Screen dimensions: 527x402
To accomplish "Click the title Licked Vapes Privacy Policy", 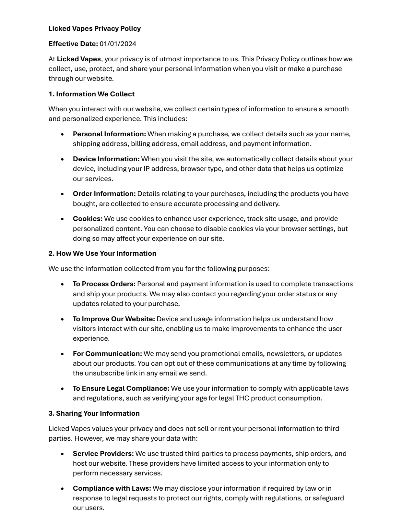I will (94, 29).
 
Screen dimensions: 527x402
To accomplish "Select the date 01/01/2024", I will (118, 44).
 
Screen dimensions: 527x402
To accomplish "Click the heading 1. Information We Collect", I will (91, 94).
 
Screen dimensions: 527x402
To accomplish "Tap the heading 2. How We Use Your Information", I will (102, 253).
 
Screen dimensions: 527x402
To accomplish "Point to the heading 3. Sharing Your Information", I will (94, 413).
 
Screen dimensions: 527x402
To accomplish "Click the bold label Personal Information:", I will (109, 134).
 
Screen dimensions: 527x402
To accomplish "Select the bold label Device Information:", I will (106, 159).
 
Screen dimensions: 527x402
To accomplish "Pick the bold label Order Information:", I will (104, 194).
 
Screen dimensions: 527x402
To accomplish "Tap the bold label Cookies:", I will (88, 219).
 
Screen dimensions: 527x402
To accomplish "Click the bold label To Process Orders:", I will (104, 284).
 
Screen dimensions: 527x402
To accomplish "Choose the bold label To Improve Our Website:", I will (114, 319).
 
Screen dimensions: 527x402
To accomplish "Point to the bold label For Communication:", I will (107, 354).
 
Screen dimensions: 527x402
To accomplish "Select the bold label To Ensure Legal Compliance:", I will (121, 388).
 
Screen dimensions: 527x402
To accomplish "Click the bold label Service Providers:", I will (103, 454).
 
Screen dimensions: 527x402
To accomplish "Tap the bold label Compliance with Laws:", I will (112, 488).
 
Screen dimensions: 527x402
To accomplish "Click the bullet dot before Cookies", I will (63, 219).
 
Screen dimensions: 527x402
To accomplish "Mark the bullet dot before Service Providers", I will (63, 454).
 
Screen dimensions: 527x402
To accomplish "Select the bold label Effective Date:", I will (73, 44).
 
